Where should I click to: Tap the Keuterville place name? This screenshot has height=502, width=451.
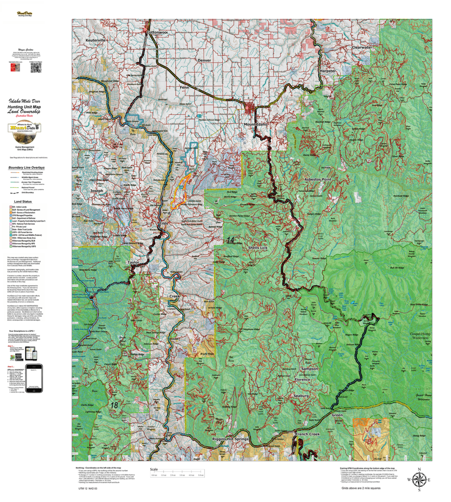pyautogui.click(x=96, y=40)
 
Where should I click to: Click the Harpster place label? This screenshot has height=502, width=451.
pyautogui.click(x=328, y=71)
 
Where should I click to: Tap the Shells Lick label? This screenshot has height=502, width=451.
pyautogui.click(x=258, y=249)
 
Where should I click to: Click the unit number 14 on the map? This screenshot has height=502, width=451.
pyautogui.click(x=231, y=240)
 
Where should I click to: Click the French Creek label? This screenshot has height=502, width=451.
pyautogui.click(x=307, y=434)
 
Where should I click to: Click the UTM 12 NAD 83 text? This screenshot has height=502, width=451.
pyautogui.click(x=88, y=489)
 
